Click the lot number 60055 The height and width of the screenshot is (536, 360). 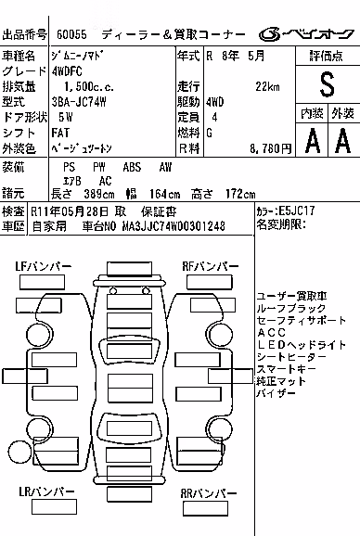pyautogui.click(x=71, y=34)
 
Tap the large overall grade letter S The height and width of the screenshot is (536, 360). pyautogui.click(x=327, y=84)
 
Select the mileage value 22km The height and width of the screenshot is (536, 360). pyautogui.click(x=267, y=87)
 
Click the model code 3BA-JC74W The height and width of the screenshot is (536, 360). pyautogui.click(x=79, y=102)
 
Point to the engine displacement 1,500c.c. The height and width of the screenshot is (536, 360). pyautogui.click(x=89, y=87)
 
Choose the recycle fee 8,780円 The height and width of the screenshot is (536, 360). pyautogui.click(x=270, y=148)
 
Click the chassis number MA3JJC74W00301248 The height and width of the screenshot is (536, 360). pyautogui.click(x=174, y=226)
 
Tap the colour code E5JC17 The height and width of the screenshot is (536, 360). pyautogui.click(x=296, y=211)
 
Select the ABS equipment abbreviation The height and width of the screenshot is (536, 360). pyautogui.click(x=132, y=167)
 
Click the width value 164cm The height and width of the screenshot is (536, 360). pyautogui.click(x=164, y=194)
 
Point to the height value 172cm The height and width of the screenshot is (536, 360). pyautogui.click(x=240, y=194)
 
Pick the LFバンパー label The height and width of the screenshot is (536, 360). pyautogui.click(x=43, y=266)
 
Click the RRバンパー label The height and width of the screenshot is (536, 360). pyautogui.click(x=208, y=493)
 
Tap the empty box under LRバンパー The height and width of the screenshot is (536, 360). pyautogui.click(x=54, y=506)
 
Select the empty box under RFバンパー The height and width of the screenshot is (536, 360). pyautogui.click(x=210, y=282)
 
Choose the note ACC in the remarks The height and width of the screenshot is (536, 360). pyautogui.click(x=271, y=333)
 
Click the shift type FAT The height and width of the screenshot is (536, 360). pyautogui.click(x=60, y=133)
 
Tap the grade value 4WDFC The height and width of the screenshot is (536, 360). pyautogui.click(x=67, y=71)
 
